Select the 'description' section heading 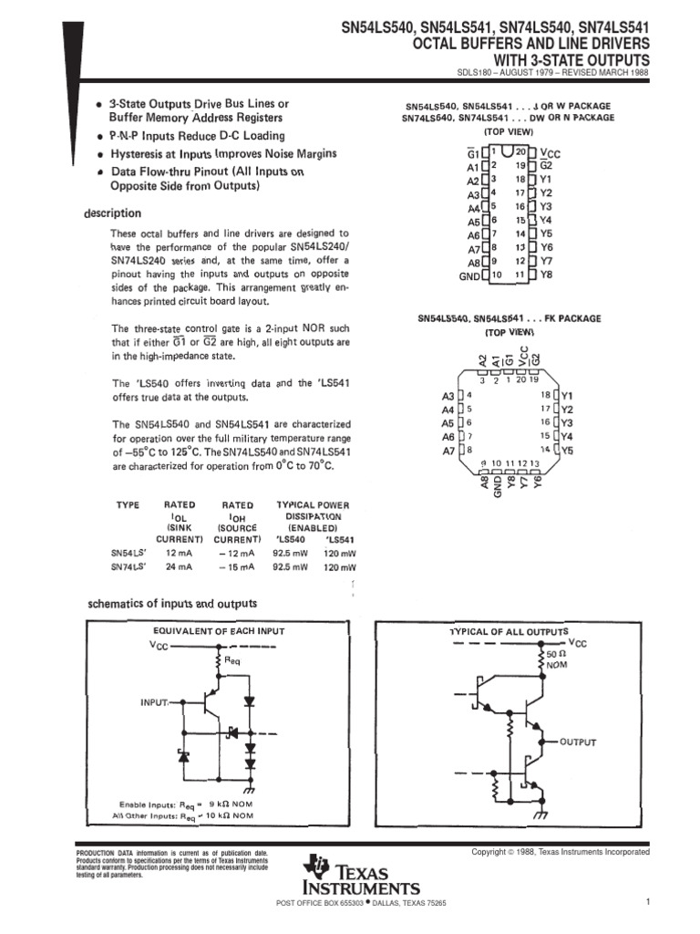[112, 213]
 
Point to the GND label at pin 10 [468, 275]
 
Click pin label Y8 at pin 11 [546, 274]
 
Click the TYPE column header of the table [127, 504]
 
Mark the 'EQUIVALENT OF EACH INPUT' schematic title [218, 631]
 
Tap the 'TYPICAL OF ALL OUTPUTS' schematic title [509, 631]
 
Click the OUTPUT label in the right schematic [577, 742]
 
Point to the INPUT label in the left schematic [154, 702]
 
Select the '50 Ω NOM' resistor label [557, 660]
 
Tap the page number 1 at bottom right [645, 903]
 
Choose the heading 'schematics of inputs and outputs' [171, 603]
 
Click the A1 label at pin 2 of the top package [471, 168]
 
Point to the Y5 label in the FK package [566, 450]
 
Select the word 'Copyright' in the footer [489, 852]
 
